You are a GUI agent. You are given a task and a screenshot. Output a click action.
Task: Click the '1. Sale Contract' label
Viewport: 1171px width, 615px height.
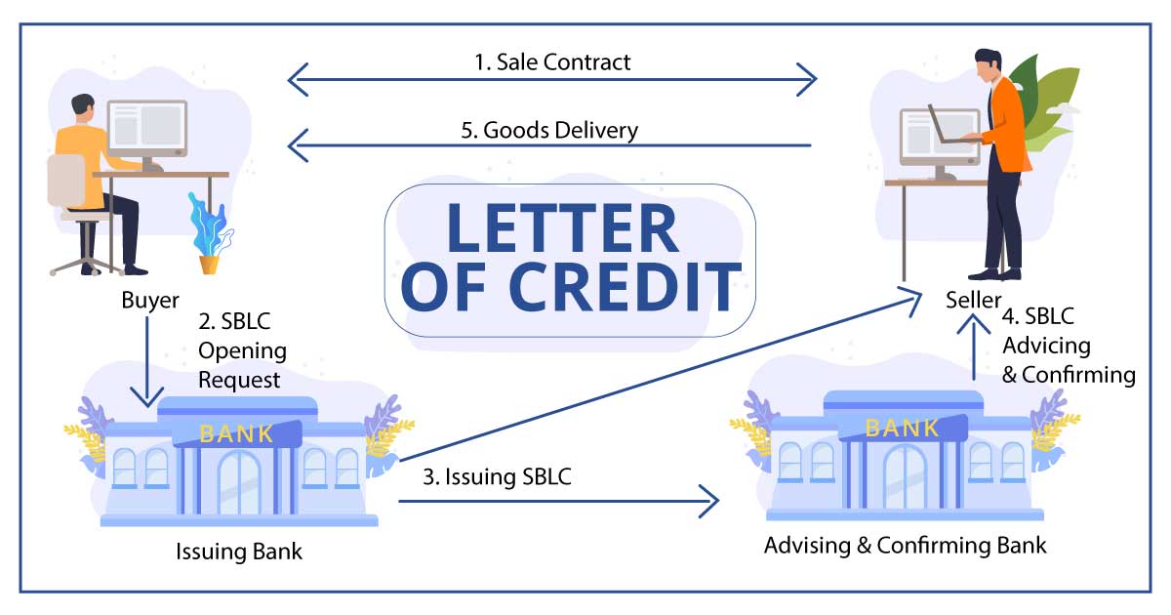pos(552,62)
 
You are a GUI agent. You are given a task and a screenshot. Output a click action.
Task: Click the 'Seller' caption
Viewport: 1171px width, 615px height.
pos(973,300)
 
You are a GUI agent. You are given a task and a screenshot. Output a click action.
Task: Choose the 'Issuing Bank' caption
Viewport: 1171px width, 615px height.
pos(239,552)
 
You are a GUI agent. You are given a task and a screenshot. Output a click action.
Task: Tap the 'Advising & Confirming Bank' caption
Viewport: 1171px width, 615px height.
pos(905,545)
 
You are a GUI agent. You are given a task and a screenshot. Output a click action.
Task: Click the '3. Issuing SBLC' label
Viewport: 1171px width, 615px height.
pos(497,478)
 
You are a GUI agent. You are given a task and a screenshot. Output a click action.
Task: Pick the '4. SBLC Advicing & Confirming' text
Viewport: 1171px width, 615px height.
pos(1069,347)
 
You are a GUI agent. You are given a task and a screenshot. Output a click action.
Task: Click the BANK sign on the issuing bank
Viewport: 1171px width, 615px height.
pos(236,433)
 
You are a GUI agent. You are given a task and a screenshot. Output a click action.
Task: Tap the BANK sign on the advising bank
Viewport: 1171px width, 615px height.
pos(903,428)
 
